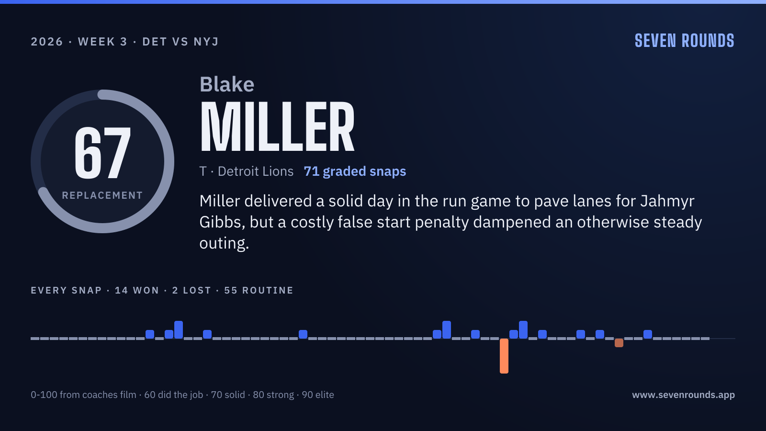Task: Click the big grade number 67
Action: point(102,153)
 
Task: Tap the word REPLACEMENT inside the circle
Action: point(102,195)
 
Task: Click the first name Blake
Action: point(227,84)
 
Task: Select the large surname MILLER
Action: point(277,126)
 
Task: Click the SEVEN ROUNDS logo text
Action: point(685,41)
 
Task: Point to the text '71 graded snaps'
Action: point(355,171)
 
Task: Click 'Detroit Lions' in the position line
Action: point(256,171)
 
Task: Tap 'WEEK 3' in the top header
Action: point(102,42)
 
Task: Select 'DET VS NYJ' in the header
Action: point(180,42)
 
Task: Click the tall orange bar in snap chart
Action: point(504,356)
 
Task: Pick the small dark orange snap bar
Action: point(619,343)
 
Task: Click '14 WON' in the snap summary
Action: point(137,290)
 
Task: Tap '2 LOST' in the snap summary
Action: point(191,290)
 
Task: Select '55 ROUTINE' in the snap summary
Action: point(259,290)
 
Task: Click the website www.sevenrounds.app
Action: point(683,395)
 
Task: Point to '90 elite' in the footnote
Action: point(318,395)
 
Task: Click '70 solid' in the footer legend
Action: point(228,395)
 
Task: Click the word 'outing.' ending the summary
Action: point(224,244)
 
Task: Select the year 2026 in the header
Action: point(47,42)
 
